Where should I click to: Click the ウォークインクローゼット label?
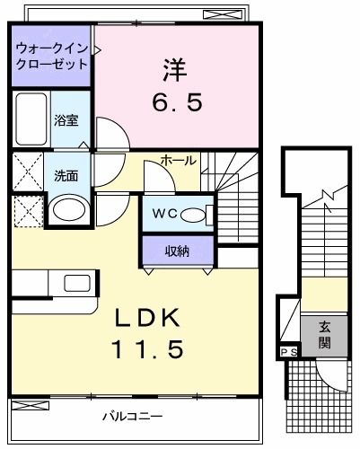point(51,56)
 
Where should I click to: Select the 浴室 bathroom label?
point(65,119)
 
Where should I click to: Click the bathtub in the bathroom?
point(31,119)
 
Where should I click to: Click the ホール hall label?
point(179,160)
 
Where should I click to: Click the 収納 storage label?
point(177,251)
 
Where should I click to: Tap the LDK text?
point(150,320)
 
